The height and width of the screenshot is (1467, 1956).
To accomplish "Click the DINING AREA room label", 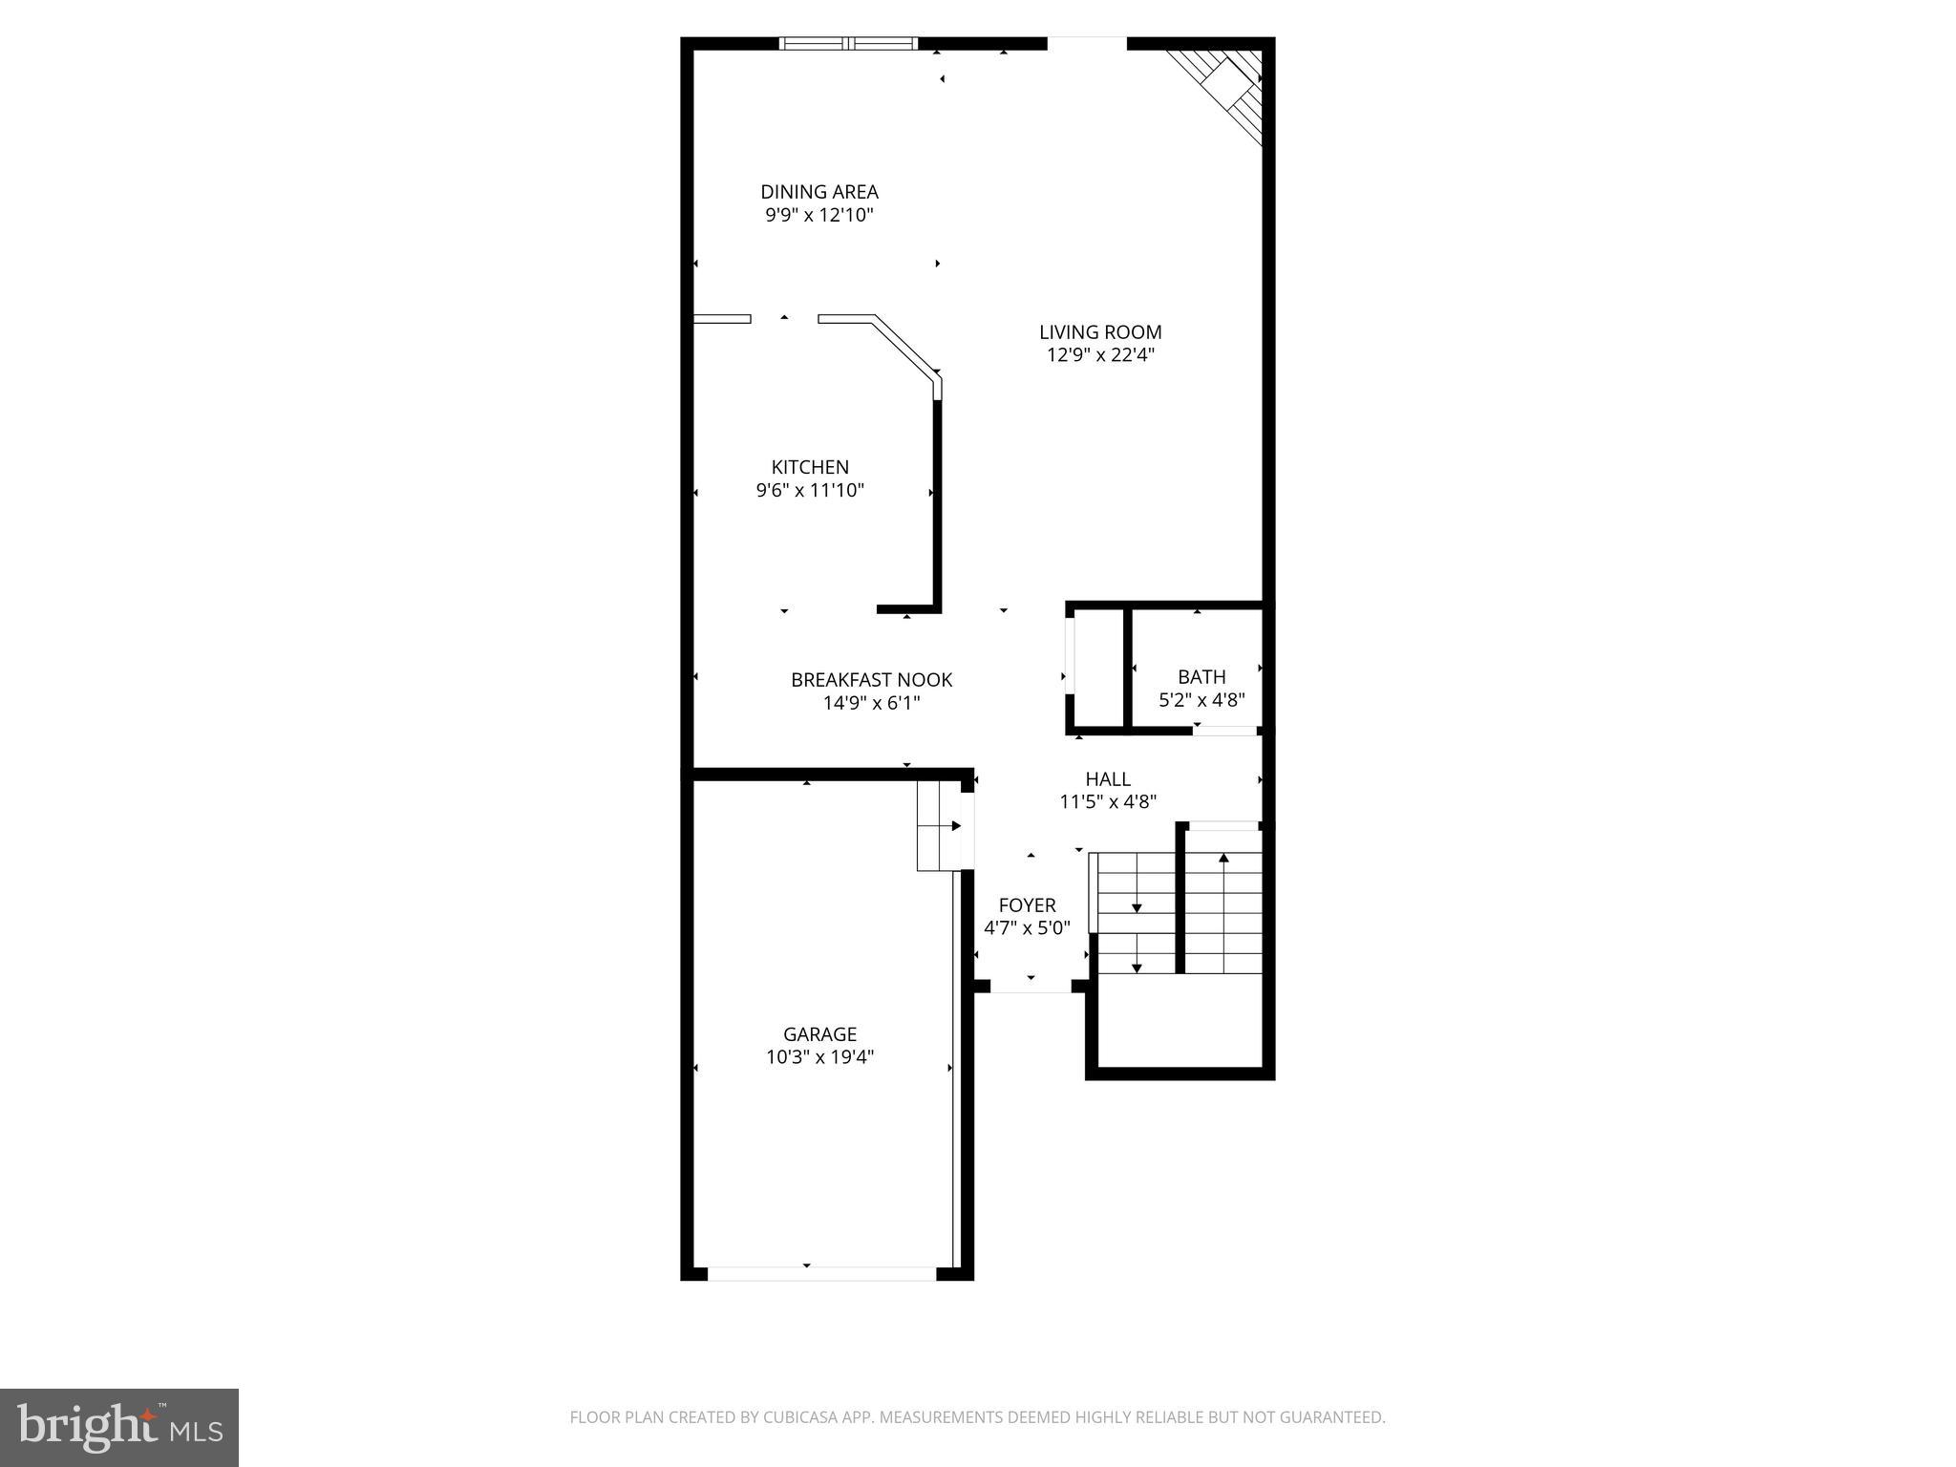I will [819, 192].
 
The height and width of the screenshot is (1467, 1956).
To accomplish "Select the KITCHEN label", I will [810, 467].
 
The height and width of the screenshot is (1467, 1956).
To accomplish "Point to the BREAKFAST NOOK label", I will [871, 680].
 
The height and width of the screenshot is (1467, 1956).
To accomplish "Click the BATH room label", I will [1201, 677].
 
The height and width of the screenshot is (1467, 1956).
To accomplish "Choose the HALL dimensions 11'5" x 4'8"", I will [1108, 802].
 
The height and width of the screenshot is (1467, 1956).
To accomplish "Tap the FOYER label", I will [1027, 905].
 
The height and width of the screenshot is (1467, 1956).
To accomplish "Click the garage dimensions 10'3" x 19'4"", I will [819, 1057].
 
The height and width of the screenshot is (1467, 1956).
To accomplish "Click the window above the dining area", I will [848, 43].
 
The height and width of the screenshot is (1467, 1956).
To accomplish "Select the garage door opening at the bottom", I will [821, 1273].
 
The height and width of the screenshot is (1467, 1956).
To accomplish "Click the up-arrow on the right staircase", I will [1223, 859].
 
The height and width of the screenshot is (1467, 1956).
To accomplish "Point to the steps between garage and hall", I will [940, 826].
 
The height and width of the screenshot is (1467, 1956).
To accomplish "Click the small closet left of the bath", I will [1096, 669].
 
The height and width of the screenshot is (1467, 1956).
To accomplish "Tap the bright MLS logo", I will [119, 1427].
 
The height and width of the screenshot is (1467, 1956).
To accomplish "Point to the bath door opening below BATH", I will [1227, 731].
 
